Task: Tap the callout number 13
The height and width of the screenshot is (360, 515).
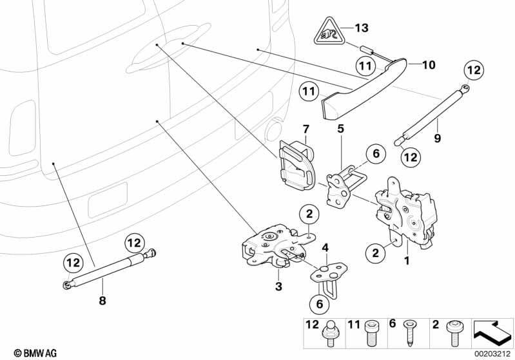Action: click(x=362, y=28)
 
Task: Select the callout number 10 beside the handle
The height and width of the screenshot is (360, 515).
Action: click(x=428, y=64)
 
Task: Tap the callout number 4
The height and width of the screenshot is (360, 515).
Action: click(x=326, y=247)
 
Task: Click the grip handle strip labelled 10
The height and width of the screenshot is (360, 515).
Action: click(x=361, y=87)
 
